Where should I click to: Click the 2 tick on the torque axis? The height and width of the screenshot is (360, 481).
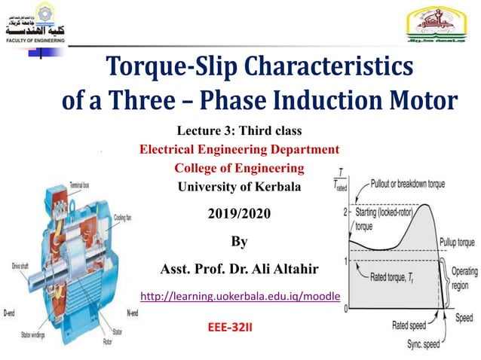tap(345, 212)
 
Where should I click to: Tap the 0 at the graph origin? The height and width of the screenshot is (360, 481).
tap(345, 309)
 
